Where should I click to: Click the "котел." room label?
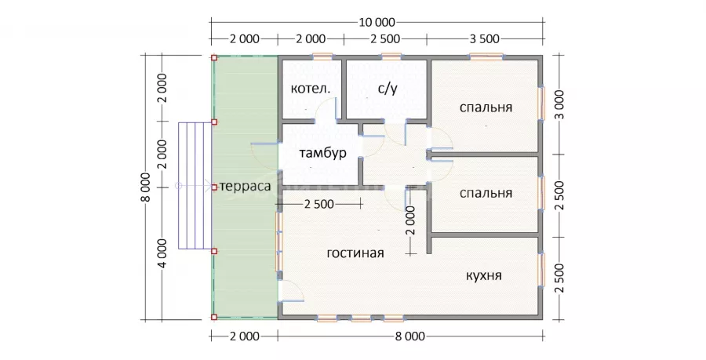(x=311, y=89)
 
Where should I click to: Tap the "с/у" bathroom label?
(x=388, y=89)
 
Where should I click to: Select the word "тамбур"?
(x=323, y=153)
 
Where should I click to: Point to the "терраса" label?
(x=246, y=187)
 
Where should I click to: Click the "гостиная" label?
(x=355, y=253)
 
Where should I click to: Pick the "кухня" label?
(x=483, y=275)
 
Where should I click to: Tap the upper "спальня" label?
(x=486, y=107)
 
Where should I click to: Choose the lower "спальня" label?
(x=486, y=193)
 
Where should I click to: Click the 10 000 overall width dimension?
(x=377, y=22)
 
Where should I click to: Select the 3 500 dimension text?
(x=485, y=39)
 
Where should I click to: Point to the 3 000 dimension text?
(x=559, y=104)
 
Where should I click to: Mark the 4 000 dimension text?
(x=162, y=253)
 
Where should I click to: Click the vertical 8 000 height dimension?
(x=145, y=187)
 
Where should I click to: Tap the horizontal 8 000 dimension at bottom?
(x=410, y=336)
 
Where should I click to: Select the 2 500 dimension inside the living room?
(x=319, y=204)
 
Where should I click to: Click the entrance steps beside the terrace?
(x=195, y=185)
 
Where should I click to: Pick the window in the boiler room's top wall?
(x=323, y=56)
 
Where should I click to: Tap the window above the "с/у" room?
(x=391, y=56)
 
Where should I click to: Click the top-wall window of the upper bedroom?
(x=486, y=56)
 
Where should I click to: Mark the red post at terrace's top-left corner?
(x=214, y=57)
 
